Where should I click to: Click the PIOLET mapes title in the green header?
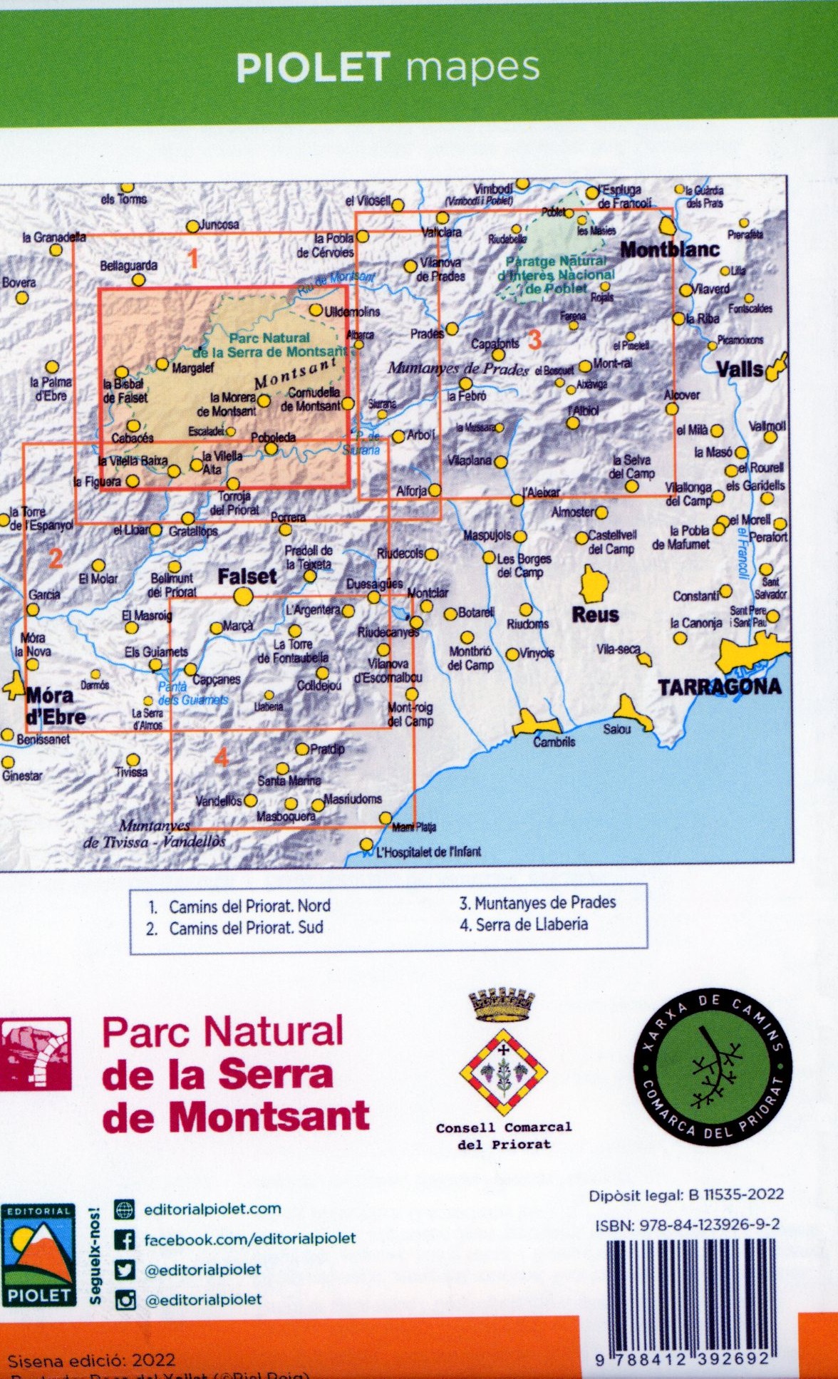pyautogui.click(x=388, y=67)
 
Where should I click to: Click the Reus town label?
pyautogui.click(x=595, y=614)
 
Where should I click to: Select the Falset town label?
pyautogui.click(x=247, y=576)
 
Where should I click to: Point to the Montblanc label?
pyautogui.click(x=669, y=249)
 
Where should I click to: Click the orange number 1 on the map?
pyautogui.click(x=192, y=258)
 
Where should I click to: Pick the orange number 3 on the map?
pyautogui.click(x=534, y=340)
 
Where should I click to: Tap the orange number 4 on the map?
pyautogui.click(x=221, y=757)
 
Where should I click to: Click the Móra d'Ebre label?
pyautogui.click(x=55, y=706)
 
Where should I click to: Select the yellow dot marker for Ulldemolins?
pyautogui.click(x=316, y=311)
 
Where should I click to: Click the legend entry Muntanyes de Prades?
pyautogui.click(x=537, y=902)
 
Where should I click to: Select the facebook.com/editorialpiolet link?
pyautogui.click(x=249, y=1239)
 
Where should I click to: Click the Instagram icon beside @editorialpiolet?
pyautogui.click(x=125, y=1300)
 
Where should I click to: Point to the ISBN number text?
pyautogui.click(x=687, y=1224)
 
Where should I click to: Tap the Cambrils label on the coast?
pyautogui.click(x=554, y=742)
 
